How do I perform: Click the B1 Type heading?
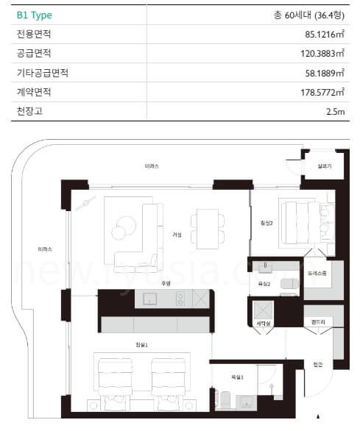[35, 15]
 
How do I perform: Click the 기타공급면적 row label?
[42, 72]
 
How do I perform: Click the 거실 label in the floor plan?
[177, 235]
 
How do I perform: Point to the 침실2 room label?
[267, 224]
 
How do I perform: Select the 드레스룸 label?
[317, 272]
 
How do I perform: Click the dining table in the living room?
[205, 227]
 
